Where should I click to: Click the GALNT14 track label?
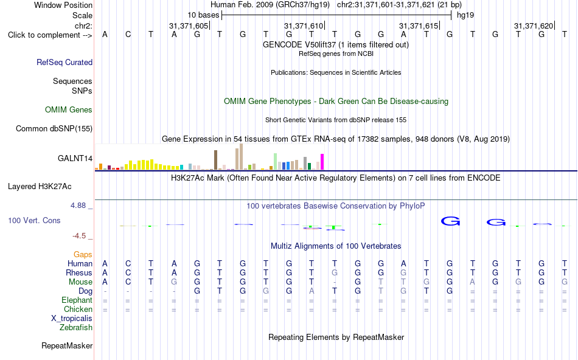tap(75, 159)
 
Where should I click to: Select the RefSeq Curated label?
tap(64, 62)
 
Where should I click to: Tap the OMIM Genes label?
tap(69, 110)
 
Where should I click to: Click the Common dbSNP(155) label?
tap(54, 128)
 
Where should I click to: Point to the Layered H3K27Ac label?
tap(40, 187)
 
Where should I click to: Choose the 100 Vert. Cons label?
tap(34, 220)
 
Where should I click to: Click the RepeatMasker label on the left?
tap(67, 345)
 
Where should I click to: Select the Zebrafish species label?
tap(76, 327)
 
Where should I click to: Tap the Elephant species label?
tap(77, 300)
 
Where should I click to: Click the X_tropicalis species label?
tap(72, 319)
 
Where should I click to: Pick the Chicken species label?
tap(78, 309)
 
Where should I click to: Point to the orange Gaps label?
tap(83, 254)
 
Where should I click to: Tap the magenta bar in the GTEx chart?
tap(322, 162)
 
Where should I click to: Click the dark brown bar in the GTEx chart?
tap(215, 160)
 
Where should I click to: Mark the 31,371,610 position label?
tap(304, 26)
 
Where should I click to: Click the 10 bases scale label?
tap(203, 15)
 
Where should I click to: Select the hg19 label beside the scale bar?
tap(465, 15)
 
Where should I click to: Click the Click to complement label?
tap(50, 35)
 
